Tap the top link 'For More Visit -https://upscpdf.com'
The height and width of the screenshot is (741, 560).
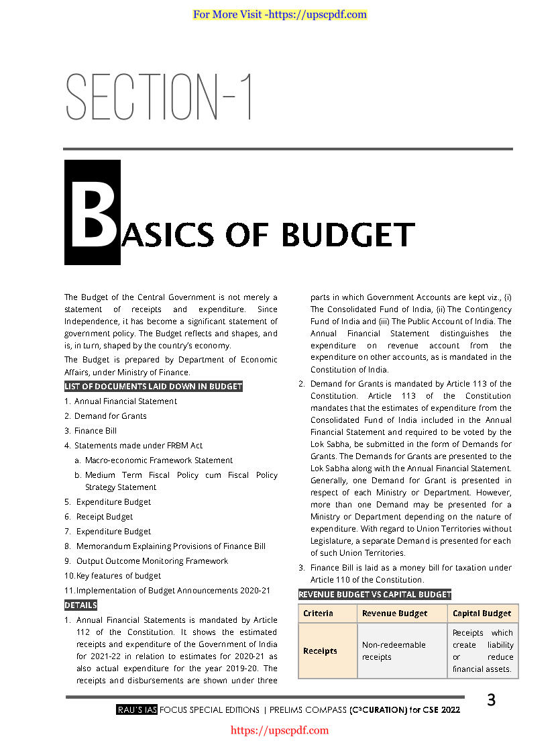click(280, 14)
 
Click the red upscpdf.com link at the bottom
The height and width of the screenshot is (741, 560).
click(280, 730)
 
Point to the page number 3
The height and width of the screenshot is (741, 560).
click(491, 700)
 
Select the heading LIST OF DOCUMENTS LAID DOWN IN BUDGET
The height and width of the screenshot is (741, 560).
click(154, 386)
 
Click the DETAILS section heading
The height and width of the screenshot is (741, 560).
click(80, 605)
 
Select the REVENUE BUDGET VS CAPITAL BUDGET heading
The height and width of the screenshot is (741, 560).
click(375, 594)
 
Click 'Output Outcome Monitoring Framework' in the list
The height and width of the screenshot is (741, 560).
click(152, 561)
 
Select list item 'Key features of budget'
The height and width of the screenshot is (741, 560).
click(118, 576)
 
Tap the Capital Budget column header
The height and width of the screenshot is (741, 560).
click(482, 613)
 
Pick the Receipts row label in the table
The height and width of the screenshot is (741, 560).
click(320, 651)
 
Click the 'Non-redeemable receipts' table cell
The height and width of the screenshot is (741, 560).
click(394, 651)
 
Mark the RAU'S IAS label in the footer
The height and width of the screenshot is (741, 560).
click(136, 709)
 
